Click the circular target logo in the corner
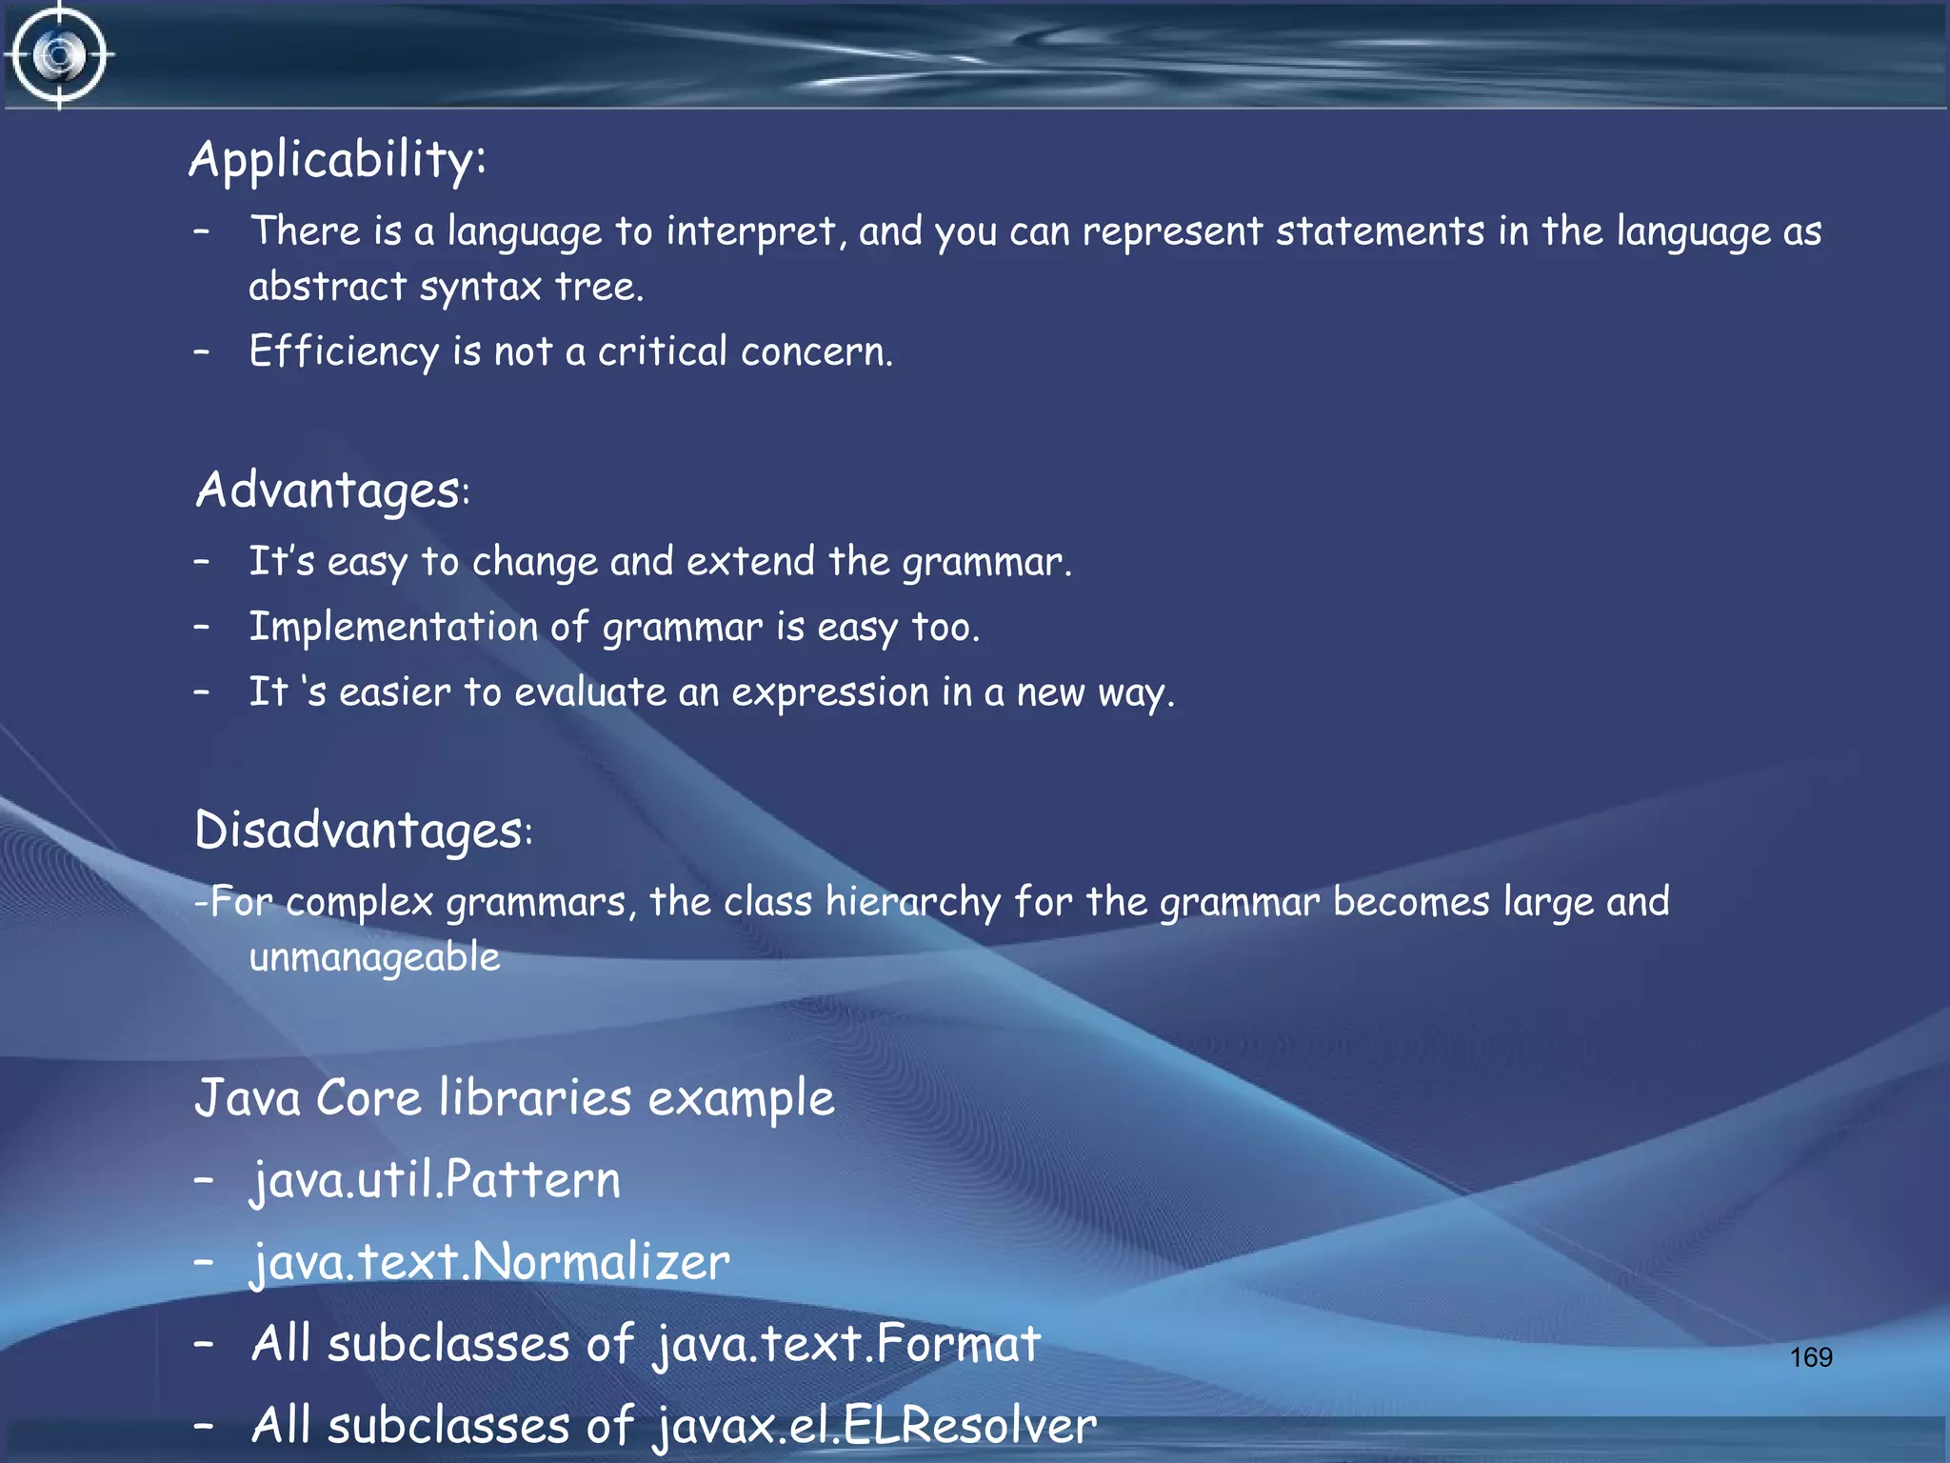(x=59, y=55)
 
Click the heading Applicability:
(x=337, y=159)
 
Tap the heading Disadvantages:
(x=363, y=831)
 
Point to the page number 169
(x=1810, y=1357)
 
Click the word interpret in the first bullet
(x=751, y=232)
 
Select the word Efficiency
(x=344, y=351)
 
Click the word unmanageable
(x=374, y=957)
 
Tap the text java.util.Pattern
(x=435, y=1181)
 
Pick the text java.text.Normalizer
(x=489, y=1263)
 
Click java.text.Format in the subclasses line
(x=846, y=1345)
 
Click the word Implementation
(x=393, y=628)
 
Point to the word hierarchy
(x=912, y=902)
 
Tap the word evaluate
(x=590, y=692)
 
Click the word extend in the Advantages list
(x=750, y=562)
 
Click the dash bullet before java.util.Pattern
(x=202, y=1180)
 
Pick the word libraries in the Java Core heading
(x=534, y=1098)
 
